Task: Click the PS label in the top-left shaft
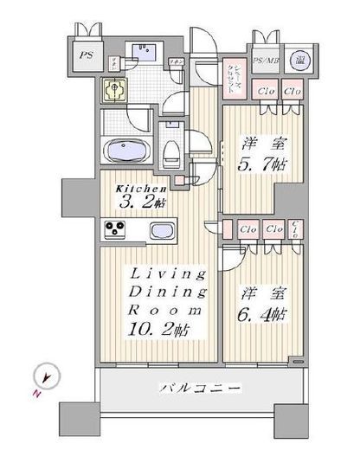(x=87, y=55)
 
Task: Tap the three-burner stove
(x=118, y=229)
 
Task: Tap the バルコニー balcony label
(x=198, y=390)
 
